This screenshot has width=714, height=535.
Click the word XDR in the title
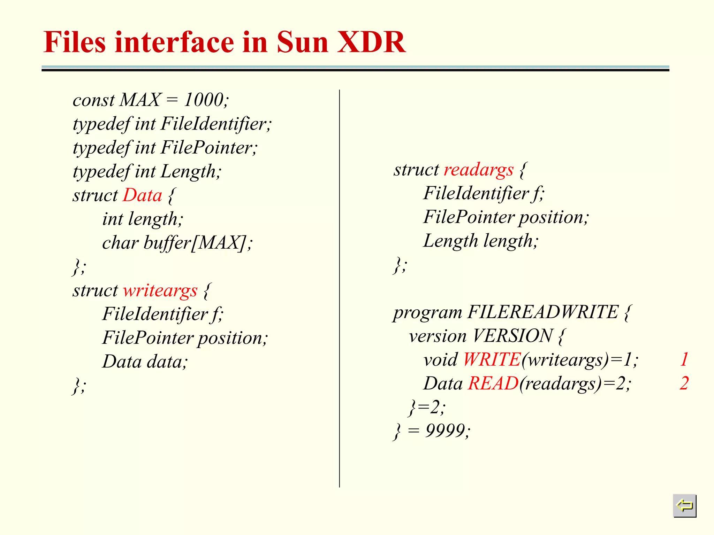tap(371, 42)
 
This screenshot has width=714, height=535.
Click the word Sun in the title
tap(302, 42)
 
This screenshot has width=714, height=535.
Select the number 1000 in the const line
tap(204, 100)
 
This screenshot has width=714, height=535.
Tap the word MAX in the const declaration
tap(140, 100)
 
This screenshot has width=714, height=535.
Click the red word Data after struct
tap(143, 195)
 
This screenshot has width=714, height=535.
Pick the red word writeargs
tap(160, 290)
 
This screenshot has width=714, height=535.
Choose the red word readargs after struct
tap(478, 170)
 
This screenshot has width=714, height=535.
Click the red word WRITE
tap(491, 359)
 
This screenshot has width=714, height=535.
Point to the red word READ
tap(493, 383)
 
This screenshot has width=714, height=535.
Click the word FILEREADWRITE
tap(542, 312)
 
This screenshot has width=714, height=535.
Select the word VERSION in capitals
tap(512, 336)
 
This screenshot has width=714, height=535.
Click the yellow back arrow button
tap(684, 505)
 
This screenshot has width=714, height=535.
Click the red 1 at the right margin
tap(684, 359)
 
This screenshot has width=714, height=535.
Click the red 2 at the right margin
tap(684, 383)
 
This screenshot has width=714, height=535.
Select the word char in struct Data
tap(120, 243)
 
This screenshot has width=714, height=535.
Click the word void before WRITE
tap(440, 359)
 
